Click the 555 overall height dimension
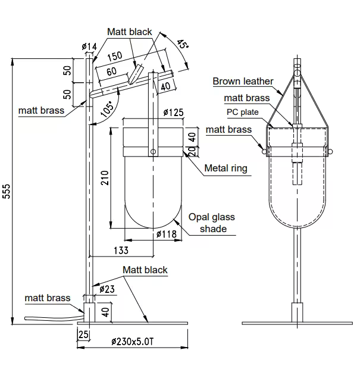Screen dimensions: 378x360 click(x=7, y=192)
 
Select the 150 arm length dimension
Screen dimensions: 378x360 click(x=114, y=55)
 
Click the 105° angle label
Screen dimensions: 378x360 click(x=107, y=108)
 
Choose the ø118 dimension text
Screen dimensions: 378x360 click(x=167, y=235)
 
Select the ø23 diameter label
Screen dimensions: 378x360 click(x=107, y=289)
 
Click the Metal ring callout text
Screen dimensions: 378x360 click(x=226, y=168)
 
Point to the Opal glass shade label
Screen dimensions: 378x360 click(x=212, y=223)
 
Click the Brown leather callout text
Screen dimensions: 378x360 click(x=243, y=81)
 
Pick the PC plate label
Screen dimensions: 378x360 click(x=242, y=111)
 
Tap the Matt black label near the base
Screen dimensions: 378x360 click(x=145, y=270)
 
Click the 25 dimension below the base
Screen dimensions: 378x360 click(x=83, y=335)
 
